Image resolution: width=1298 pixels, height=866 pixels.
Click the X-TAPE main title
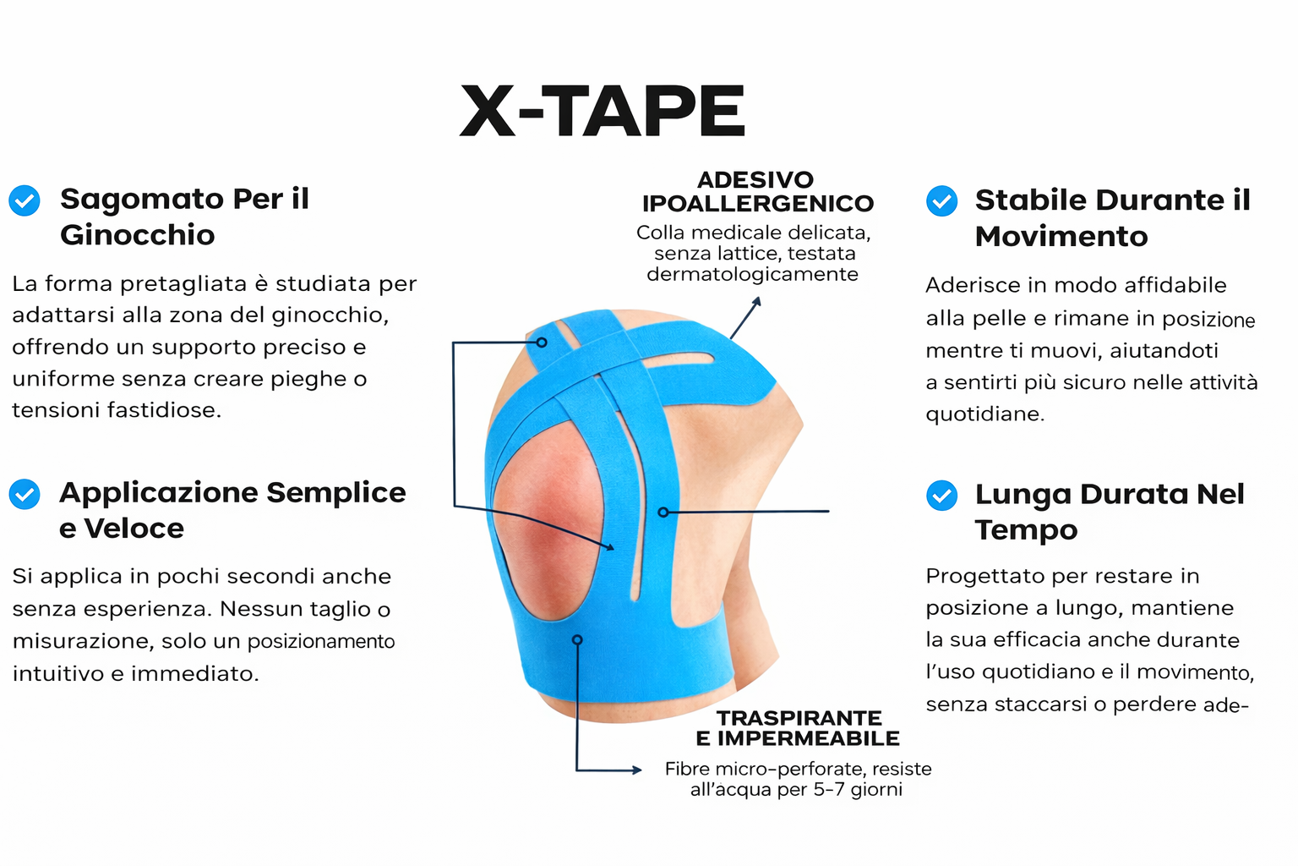[602, 110]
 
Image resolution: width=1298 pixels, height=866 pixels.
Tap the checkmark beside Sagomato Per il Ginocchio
[25, 200]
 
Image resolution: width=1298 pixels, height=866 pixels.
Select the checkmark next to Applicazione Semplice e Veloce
[25, 494]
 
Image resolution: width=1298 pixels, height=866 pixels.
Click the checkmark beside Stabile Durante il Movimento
[941, 200]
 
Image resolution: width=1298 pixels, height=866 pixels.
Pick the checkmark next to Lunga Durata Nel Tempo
[941, 496]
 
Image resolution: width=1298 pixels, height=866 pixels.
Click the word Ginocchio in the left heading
[138, 235]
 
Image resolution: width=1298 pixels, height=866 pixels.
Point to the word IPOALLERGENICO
[758, 204]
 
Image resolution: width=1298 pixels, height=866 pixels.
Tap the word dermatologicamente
[752, 274]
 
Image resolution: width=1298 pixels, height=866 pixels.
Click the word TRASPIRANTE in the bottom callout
[799, 718]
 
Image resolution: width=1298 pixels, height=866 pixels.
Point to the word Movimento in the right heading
[1061, 237]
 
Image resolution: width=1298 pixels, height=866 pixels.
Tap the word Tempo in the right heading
[1026, 530]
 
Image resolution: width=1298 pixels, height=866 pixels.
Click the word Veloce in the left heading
[134, 529]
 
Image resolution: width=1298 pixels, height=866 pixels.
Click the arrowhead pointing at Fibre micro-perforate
[637, 770]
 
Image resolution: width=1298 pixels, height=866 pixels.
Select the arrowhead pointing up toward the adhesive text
[756, 302]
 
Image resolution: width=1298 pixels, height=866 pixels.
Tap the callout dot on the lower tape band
[577, 640]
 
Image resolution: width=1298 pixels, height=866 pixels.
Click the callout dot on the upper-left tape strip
[542, 343]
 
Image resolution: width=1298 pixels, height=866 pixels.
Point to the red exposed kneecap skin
[548, 522]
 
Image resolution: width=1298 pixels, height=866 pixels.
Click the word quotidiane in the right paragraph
[985, 414]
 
